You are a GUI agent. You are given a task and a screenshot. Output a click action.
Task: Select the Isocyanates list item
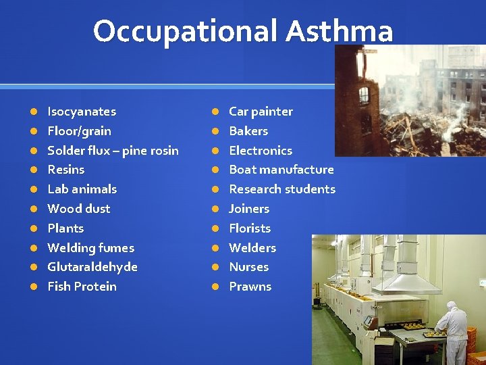82,112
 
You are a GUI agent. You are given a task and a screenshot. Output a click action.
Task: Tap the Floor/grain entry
79,131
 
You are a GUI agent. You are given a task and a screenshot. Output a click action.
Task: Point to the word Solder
65,151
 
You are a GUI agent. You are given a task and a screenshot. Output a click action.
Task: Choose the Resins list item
65,170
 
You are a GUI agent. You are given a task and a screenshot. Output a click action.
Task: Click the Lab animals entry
82,189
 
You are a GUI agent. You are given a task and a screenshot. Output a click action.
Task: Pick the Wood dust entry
78,209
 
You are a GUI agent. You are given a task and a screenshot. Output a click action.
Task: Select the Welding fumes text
90,248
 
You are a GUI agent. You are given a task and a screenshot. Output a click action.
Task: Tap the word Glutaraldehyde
92,267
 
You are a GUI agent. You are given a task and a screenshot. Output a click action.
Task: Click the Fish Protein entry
82,287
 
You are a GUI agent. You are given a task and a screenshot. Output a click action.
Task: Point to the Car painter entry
261,112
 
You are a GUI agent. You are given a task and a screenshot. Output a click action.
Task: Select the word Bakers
248,131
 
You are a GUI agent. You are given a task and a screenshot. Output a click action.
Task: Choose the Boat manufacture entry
281,170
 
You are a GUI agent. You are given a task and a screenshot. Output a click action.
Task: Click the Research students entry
281,189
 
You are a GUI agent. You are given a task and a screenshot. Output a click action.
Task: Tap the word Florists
250,228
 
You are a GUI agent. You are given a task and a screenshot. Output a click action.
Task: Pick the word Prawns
250,287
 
